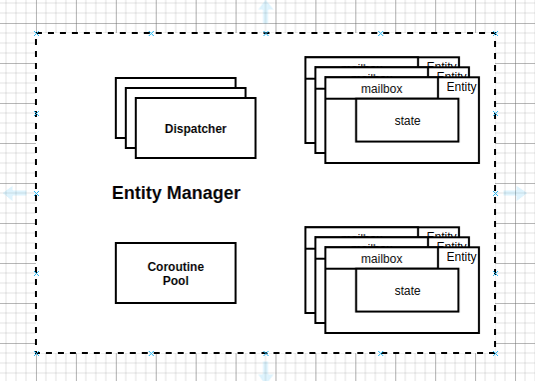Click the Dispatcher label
tap(196, 128)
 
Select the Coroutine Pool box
tap(176, 272)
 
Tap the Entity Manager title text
tap(176, 193)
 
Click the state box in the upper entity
tap(407, 121)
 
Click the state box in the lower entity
tap(407, 291)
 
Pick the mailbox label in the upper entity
tap(381, 88)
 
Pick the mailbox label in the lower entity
tap(381, 258)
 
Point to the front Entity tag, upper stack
tap(461, 87)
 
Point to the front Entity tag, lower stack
tap(461, 257)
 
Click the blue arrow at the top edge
tap(266, 12)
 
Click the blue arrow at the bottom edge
tap(266, 370)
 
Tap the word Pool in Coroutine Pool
tap(176, 281)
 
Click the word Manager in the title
tap(205, 193)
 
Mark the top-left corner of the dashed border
tap(37, 34)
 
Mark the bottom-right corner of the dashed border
tap(495, 352)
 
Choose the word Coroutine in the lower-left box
tap(176, 267)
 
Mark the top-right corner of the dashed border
tap(495, 34)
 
